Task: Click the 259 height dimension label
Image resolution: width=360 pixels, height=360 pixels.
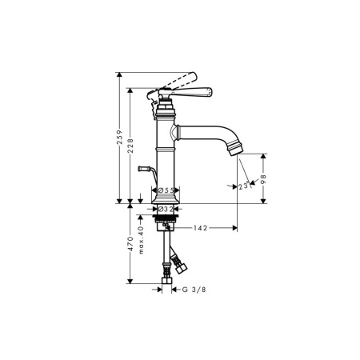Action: (120, 138)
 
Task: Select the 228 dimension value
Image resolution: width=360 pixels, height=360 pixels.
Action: (130, 146)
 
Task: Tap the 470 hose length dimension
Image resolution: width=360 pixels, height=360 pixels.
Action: (130, 243)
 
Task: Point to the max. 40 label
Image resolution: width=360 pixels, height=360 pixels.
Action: (141, 240)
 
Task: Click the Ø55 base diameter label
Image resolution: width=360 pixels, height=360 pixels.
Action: (166, 190)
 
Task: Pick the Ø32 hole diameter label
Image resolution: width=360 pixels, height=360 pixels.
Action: (166, 210)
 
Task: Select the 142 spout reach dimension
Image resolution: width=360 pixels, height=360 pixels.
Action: (200, 228)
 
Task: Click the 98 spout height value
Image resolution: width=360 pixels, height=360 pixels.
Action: (264, 179)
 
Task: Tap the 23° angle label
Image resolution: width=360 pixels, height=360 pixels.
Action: (245, 186)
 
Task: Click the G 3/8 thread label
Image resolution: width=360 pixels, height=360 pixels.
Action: (194, 290)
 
